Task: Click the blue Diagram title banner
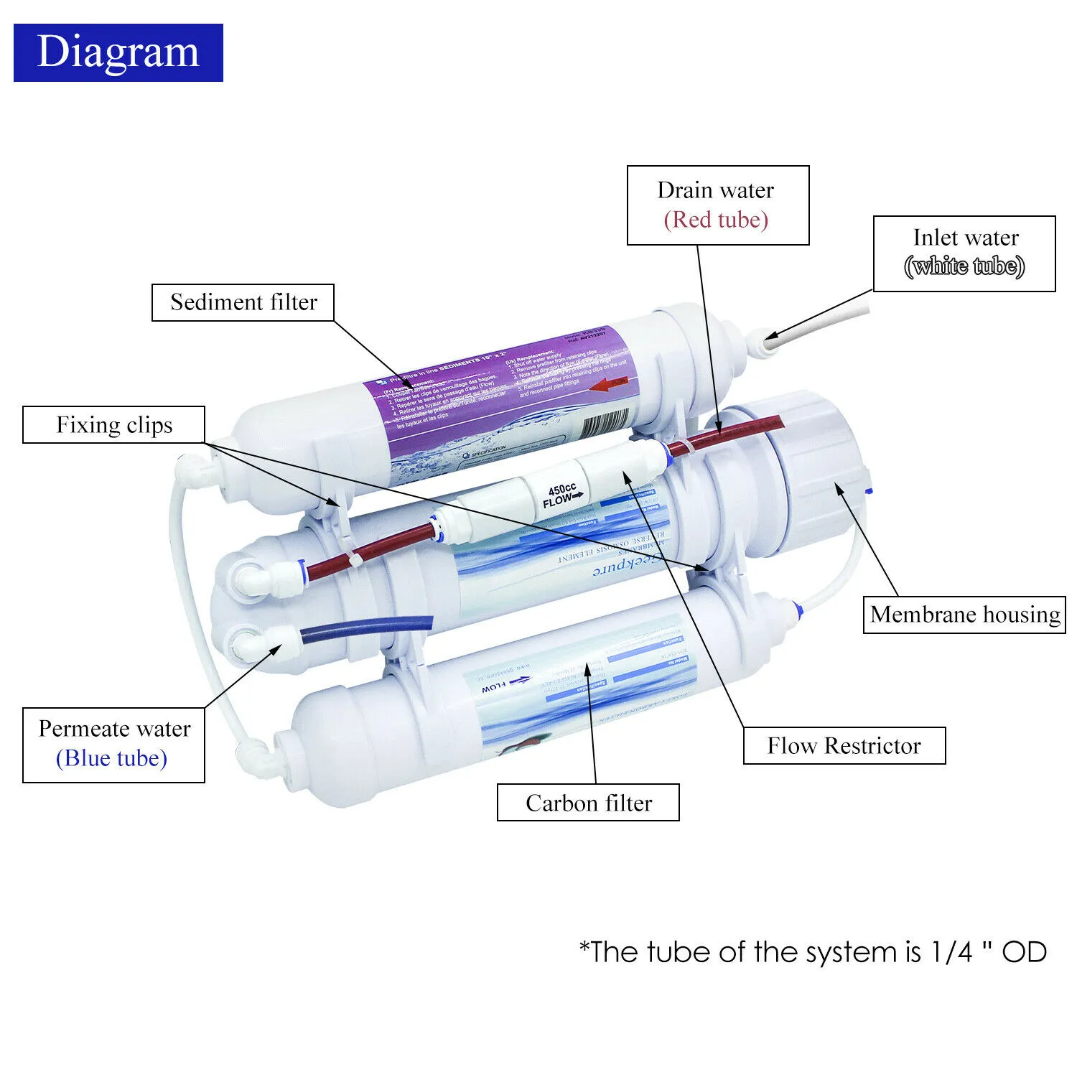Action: (x=118, y=52)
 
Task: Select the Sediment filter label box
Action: (x=243, y=302)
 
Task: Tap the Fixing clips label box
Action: (x=114, y=425)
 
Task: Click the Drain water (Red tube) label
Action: (x=717, y=205)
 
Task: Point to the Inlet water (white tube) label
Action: (x=964, y=253)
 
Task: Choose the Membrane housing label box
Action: (x=964, y=615)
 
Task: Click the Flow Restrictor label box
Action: (x=844, y=746)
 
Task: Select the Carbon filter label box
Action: (x=588, y=803)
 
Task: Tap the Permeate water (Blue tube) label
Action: (x=113, y=745)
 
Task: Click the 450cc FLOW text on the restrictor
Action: (x=562, y=495)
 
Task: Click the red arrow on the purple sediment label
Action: (x=611, y=383)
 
